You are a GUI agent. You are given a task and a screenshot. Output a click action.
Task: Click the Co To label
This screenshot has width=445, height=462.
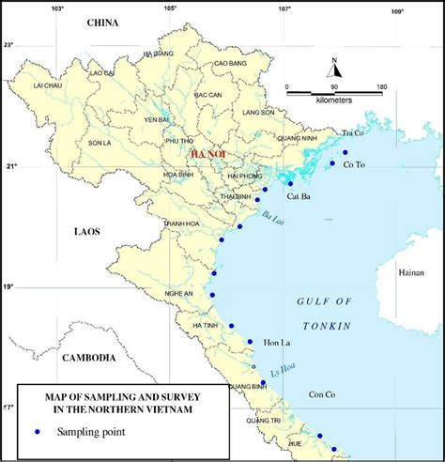(355, 166)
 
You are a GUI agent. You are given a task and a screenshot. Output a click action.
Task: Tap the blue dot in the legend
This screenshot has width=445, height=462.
(38, 432)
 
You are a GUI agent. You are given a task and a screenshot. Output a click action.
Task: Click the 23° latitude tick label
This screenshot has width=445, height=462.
(8, 44)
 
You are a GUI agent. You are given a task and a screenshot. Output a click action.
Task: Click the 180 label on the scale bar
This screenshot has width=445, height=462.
(381, 87)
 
